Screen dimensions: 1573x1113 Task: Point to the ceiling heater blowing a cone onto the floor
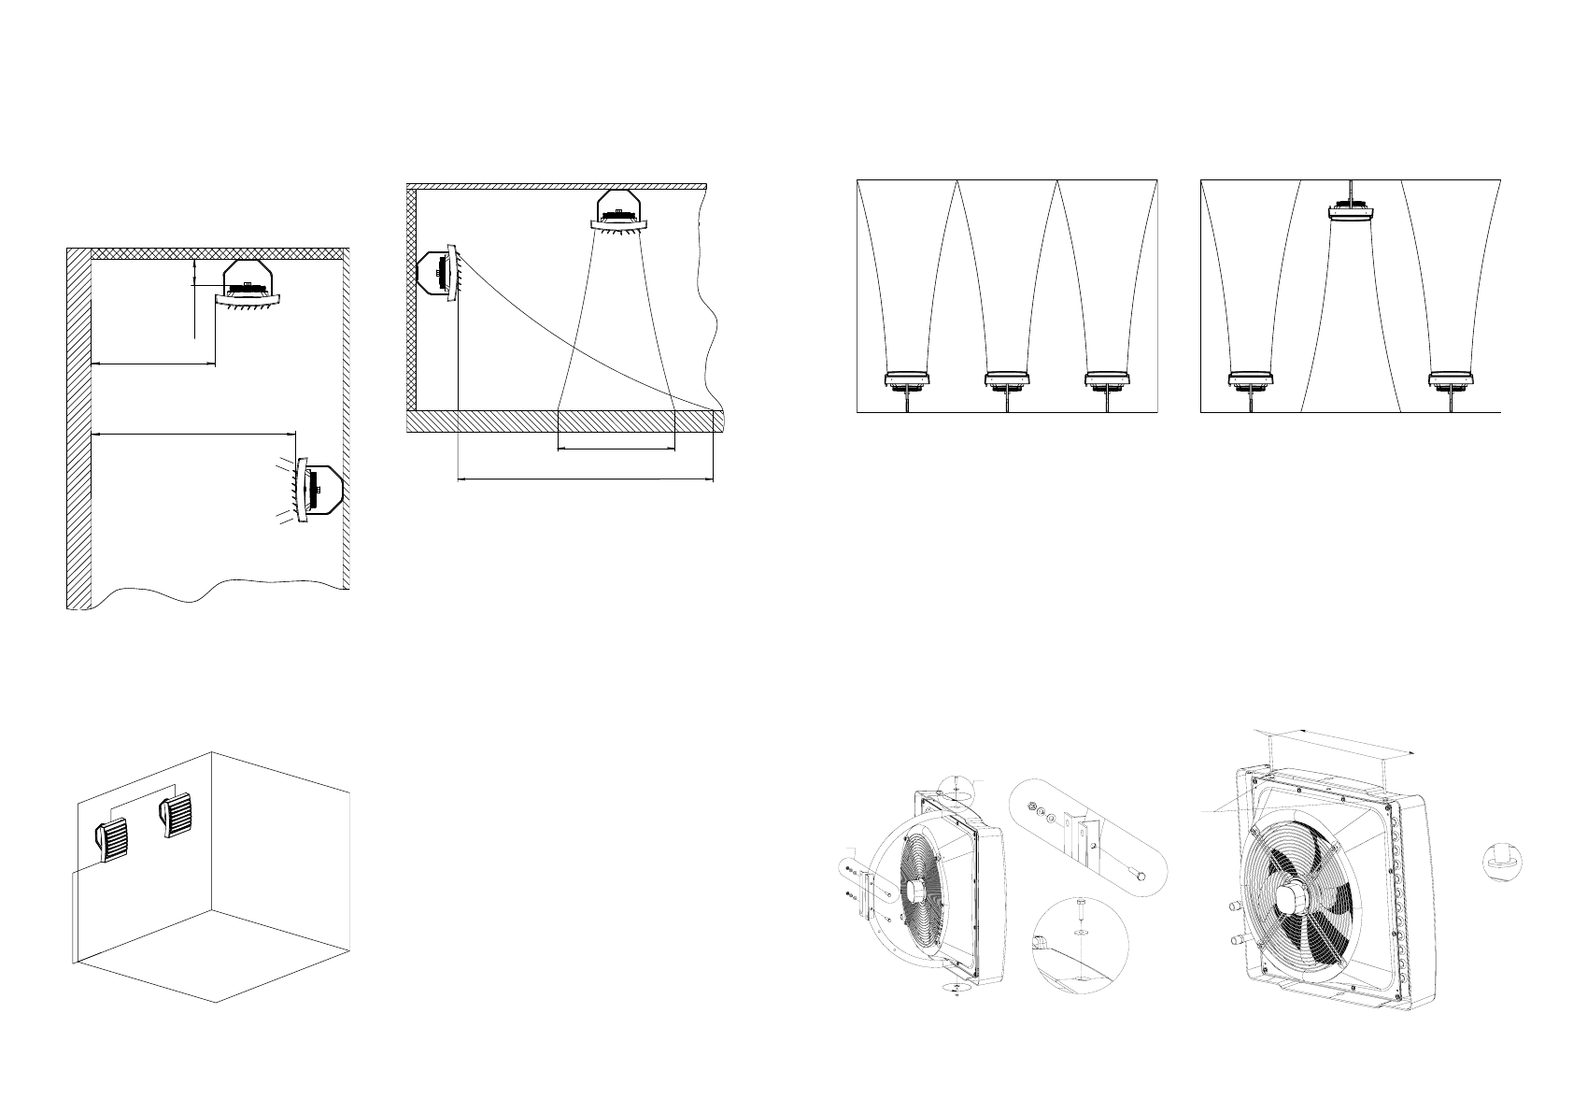pos(617,210)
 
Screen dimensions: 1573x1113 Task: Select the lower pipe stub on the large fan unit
pos(1238,938)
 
